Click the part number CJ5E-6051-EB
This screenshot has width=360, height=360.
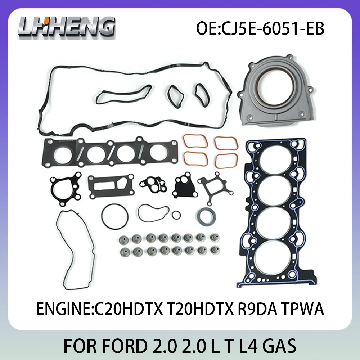click(260, 28)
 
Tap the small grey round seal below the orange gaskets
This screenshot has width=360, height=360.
click(206, 216)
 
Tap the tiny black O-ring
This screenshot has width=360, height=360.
click(176, 215)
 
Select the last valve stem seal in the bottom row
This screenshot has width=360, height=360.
click(213, 251)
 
